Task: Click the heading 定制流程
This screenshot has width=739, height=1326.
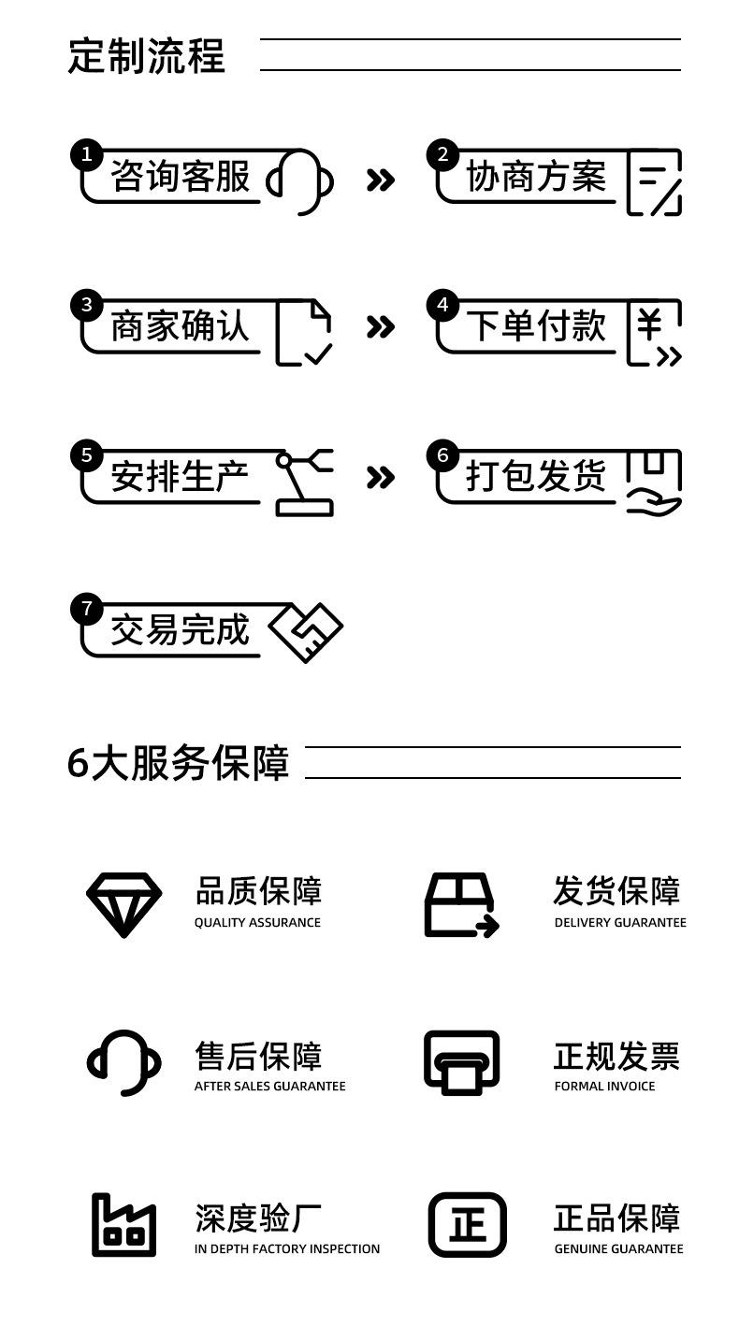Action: click(146, 56)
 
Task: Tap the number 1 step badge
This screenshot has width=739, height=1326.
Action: click(86, 155)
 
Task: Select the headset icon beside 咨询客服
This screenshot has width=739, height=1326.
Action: click(299, 181)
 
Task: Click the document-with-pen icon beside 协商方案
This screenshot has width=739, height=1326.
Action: click(654, 181)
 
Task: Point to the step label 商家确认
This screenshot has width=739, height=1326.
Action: click(180, 325)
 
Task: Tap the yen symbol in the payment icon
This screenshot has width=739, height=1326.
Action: click(649, 324)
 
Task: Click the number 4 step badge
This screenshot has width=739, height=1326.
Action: click(442, 306)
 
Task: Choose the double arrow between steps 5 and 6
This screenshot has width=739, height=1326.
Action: click(380, 477)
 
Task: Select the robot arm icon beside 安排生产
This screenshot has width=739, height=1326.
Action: click(304, 483)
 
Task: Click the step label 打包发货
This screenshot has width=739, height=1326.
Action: click(535, 476)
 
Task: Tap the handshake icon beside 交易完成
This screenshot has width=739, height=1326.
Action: click(306, 632)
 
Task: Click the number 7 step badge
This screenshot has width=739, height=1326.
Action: click(86, 609)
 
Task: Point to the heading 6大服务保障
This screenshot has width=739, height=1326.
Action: click(178, 762)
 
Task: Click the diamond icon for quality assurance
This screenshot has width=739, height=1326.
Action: click(123, 905)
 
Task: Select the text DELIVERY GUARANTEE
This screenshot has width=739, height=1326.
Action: click(620, 922)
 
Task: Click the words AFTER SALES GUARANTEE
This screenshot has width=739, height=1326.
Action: click(269, 1087)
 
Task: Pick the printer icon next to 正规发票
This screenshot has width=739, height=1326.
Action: click(462, 1062)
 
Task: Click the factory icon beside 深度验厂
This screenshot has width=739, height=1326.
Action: click(123, 1225)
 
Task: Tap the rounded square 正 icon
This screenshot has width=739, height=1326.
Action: click(467, 1225)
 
